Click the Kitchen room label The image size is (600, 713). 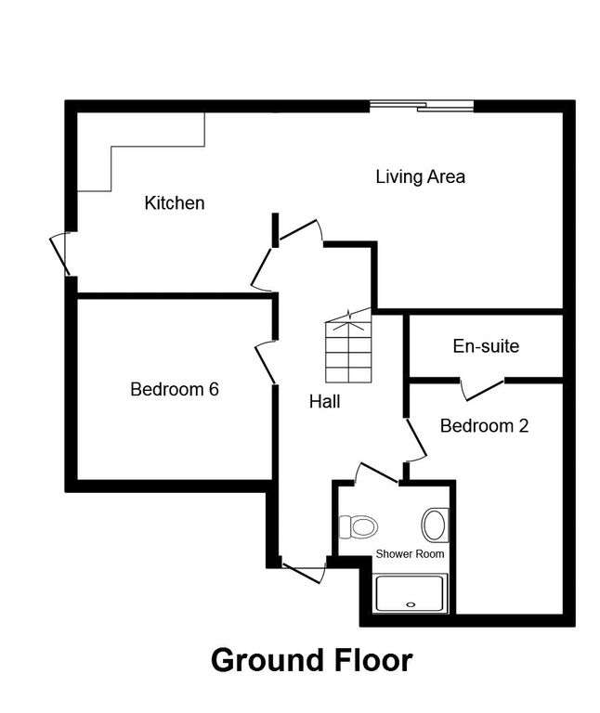[x=175, y=202]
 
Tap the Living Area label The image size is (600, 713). [x=420, y=176]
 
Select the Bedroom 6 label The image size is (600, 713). [x=175, y=389]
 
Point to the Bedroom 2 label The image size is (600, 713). [x=484, y=426]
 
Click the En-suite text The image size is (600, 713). [x=486, y=346]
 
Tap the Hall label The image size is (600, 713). [x=325, y=402]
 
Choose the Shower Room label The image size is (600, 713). [x=410, y=553]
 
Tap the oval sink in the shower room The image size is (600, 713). [x=434, y=525]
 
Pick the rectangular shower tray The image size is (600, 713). [x=411, y=593]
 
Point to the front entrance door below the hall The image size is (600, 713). [x=305, y=570]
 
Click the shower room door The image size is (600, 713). [x=377, y=473]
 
